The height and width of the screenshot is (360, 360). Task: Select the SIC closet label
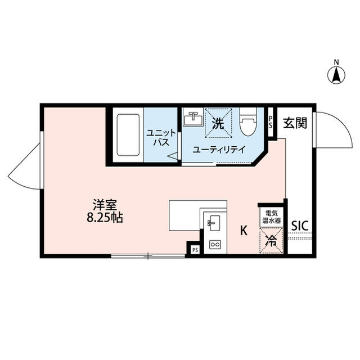tap(299, 225)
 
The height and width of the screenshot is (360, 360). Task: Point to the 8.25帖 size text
tap(105, 218)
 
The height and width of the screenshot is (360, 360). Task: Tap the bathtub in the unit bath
tap(128, 136)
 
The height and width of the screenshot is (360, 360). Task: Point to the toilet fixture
tap(247, 123)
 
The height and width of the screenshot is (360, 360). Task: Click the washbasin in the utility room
tap(193, 120)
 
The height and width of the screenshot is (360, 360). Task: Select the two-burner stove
tap(214, 245)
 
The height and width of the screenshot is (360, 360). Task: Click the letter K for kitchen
tap(244, 230)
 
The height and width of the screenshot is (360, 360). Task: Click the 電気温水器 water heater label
tap(271, 218)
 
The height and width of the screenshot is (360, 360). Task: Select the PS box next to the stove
tap(195, 249)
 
